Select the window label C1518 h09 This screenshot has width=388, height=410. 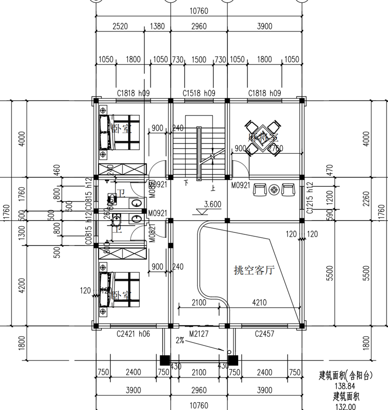point(199,93)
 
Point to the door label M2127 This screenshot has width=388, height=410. point(199,334)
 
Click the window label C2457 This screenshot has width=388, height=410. point(265,334)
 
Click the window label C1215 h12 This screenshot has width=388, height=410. point(310,198)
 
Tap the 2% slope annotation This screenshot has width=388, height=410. point(181,341)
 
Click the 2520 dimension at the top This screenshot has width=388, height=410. point(120,26)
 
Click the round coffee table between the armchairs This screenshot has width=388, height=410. point(274,189)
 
